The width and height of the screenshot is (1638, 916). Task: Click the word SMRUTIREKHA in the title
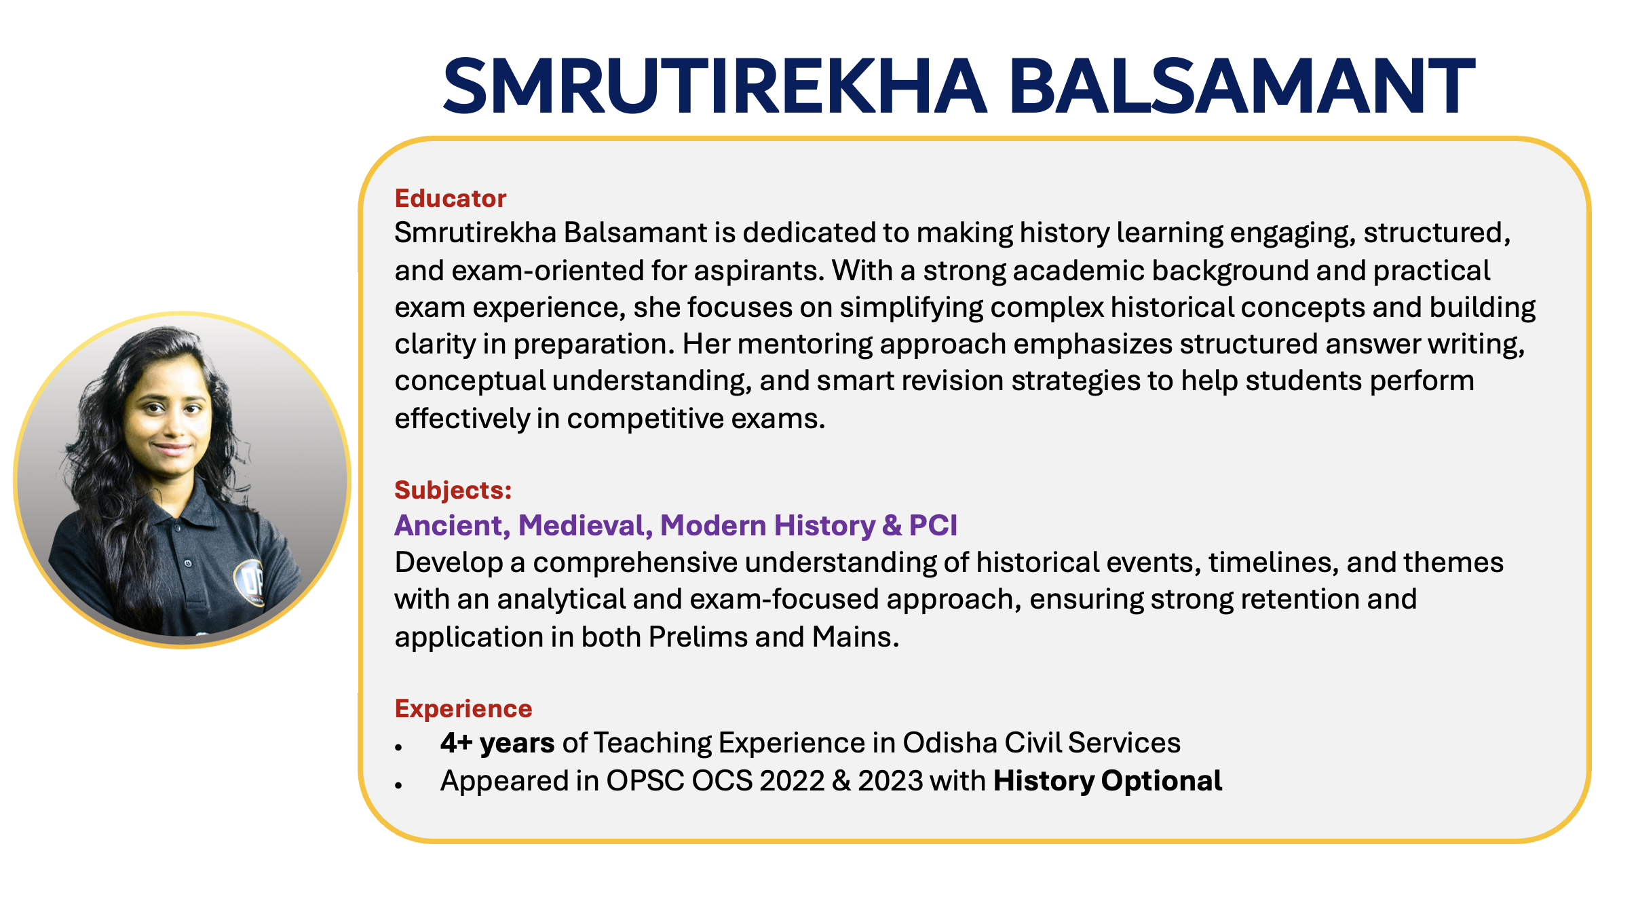[x=715, y=86]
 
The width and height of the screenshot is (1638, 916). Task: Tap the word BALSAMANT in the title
[x=1242, y=86]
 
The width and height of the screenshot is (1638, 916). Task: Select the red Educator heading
[x=451, y=198]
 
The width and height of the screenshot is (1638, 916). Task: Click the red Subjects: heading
[x=453, y=490]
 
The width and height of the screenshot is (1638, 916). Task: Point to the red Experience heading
[x=463, y=708]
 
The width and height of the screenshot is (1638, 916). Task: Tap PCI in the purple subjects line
[x=933, y=525]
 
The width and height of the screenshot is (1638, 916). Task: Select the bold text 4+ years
[x=497, y=743]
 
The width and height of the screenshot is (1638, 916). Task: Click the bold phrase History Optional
[x=1107, y=781]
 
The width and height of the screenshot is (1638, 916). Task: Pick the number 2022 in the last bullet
[x=790, y=781]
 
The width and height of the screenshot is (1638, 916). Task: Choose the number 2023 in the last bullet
[x=890, y=781]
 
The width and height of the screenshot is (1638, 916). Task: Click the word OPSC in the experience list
[x=645, y=781]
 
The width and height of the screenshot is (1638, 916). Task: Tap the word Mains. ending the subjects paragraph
[x=856, y=637]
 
